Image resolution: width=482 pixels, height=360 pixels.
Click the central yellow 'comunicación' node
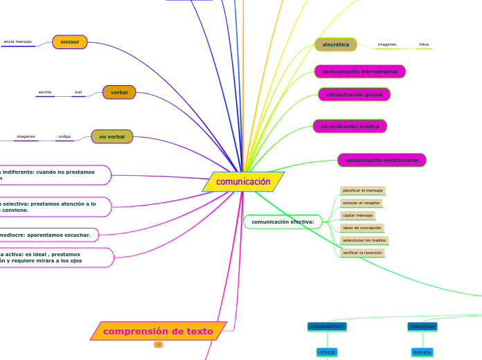pos(243,182)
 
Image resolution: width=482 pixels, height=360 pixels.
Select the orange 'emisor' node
pos(70,42)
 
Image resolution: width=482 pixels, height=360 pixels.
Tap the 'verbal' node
pos(119,92)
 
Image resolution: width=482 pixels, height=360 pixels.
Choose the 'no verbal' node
pos(112,136)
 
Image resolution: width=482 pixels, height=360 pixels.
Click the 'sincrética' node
pos(336,44)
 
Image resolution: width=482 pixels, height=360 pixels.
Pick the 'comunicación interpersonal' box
pos(360,71)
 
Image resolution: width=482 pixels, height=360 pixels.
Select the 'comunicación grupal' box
pos(355,94)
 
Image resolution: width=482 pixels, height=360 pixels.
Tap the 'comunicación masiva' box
pos(350,126)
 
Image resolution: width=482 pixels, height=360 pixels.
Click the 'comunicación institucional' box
pos(382,160)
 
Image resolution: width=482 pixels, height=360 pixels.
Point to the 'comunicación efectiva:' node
pos(283,222)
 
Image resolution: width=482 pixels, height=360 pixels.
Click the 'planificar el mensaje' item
pos(363,190)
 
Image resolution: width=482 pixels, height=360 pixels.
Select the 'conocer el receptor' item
pos(361,203)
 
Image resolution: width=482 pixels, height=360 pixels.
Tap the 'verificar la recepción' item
pos(362,253)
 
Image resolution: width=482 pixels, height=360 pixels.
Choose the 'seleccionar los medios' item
pos(364,240)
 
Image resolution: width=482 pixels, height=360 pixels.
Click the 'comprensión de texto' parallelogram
pos(159,331)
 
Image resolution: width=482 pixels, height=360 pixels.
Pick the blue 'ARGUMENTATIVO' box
pos(327,326)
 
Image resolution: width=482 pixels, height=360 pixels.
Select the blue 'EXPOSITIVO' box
pos(422,326)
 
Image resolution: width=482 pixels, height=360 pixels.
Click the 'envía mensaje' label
pos(18,42)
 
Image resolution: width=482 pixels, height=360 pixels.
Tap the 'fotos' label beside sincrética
pos(424,45)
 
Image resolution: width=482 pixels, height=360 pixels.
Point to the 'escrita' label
pos(45,92)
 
